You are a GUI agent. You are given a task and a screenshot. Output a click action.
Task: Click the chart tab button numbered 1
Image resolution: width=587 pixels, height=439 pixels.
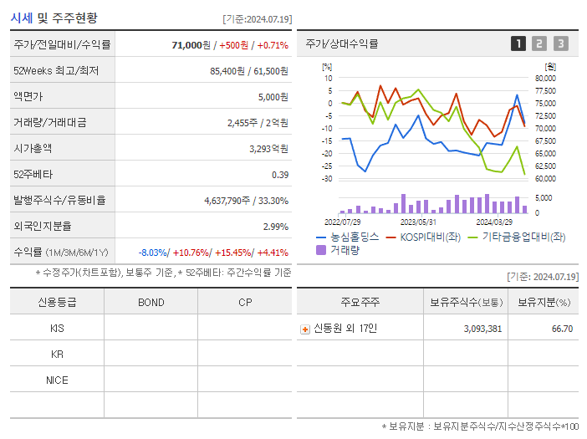[518, 43]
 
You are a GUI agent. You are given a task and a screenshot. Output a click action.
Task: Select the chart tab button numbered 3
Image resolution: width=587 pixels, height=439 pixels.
[560, 43]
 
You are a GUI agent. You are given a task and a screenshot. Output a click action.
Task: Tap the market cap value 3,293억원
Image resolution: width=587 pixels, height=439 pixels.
[268, 148]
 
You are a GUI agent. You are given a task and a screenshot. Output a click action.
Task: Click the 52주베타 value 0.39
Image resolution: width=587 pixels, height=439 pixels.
[280, 174]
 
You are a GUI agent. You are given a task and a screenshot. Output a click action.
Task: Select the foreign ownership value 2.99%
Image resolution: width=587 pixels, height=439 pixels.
[275, 226]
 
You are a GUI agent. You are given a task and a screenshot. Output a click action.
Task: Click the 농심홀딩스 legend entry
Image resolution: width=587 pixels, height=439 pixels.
[348, 237]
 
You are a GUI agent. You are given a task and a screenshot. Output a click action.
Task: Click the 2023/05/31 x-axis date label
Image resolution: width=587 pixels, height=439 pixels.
[418, 222]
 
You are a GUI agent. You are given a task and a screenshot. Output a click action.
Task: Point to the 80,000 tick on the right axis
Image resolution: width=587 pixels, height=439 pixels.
[544, 78]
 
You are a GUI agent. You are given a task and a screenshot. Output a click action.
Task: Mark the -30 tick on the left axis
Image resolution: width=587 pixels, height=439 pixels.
[326, 179]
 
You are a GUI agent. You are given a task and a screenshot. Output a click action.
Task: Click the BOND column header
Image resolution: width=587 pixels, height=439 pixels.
[151, 302]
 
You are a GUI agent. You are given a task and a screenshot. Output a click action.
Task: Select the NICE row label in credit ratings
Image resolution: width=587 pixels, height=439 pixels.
[57, 380]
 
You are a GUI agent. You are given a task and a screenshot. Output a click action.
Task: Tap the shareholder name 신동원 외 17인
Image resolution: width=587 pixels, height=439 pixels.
[345, 329]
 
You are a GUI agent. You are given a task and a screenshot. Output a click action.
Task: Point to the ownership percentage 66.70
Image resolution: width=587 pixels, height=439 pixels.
[562, 329]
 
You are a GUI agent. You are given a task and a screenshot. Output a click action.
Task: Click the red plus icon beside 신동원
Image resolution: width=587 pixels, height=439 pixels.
[305, 329]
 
